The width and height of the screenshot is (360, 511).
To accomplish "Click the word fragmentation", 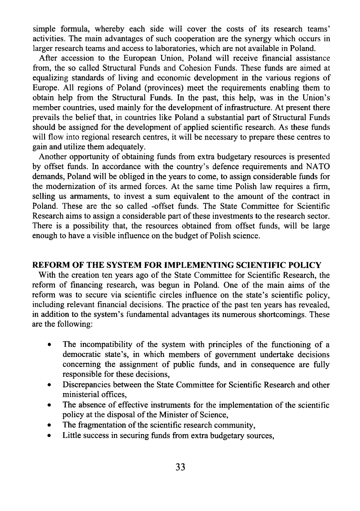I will coord(97,425).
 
